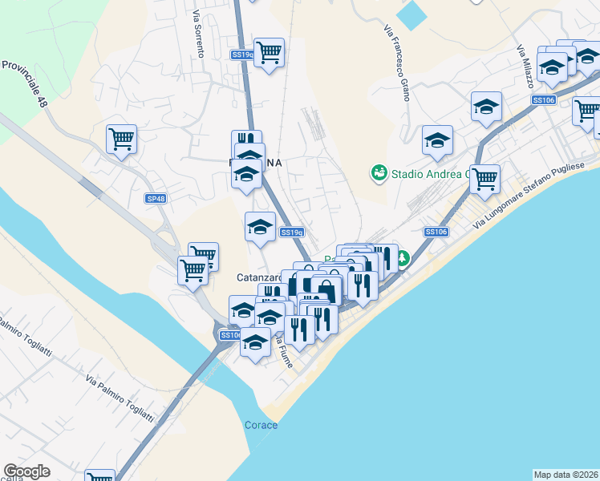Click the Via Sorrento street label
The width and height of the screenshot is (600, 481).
pos(197,33)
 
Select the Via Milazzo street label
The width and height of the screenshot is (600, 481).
pos(525,61)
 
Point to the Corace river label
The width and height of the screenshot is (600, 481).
pos(261,425)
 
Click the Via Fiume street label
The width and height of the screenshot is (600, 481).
pos(285,352)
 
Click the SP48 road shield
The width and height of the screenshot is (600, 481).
pos(155,198)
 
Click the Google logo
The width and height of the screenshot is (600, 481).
pos(26,471)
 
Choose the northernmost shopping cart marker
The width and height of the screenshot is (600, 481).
pos(269,52)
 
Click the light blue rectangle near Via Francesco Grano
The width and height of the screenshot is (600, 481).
pos(412,14)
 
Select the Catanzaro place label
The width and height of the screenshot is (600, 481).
pos(258,277)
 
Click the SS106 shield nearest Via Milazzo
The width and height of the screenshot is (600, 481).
pos(543,99)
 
